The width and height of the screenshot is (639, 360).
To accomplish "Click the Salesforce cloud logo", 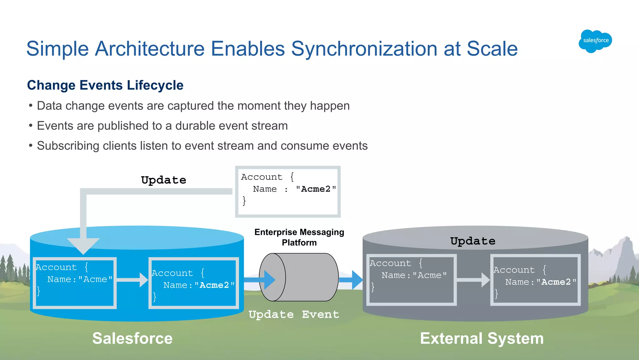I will [x=595, y=41].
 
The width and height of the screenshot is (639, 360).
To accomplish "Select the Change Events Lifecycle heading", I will [x=105, y=85].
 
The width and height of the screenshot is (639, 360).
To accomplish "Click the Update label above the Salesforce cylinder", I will [x=163, y=180].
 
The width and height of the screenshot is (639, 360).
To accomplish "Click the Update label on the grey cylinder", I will [x=473, y=241].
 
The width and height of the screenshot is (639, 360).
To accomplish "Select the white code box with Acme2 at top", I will [x=288, y=191].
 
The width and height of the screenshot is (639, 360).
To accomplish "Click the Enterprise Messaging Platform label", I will [x=299, y=237].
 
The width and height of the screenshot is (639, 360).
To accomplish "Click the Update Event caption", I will [x=294, y=314].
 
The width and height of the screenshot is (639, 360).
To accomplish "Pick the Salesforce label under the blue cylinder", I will [x=132, y=338].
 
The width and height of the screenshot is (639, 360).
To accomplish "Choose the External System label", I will [x=482, y=338].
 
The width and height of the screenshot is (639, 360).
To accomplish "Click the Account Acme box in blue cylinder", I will [x=75, y=283].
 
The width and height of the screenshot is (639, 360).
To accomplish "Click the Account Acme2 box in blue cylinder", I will [x=193, y=283].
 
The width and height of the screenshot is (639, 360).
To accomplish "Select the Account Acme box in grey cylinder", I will [x=411, y=279].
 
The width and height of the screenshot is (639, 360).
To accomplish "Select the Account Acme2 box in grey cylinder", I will [x=535, y=279].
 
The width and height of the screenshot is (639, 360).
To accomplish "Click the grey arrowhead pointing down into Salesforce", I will [x=83, y=245].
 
